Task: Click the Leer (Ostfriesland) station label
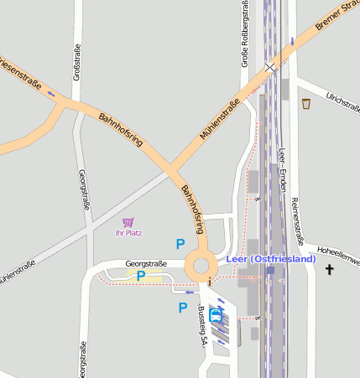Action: click(271, 259)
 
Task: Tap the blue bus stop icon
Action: click(216, 315)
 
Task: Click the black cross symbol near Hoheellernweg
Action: click(330, 270)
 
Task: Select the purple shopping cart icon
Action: click(128, 222)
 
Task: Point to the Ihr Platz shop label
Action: click(128, 232)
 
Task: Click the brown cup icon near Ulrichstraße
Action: click(305, 104)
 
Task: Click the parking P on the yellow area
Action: click(141, 275)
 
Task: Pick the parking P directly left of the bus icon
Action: click(183, 308)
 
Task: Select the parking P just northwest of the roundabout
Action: click(180, 244)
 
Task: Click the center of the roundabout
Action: click(201, 267)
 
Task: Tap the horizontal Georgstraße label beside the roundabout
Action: click(146, 263)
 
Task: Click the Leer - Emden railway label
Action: click(283, 173)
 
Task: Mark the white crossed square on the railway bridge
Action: click(270, 66)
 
